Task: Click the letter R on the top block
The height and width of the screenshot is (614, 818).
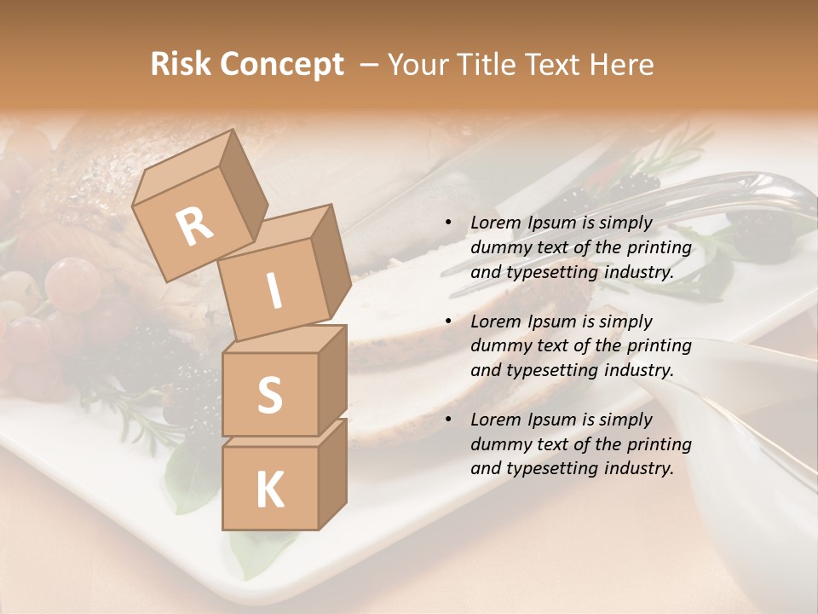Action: (194, 227)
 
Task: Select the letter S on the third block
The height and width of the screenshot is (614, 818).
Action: (269, 396)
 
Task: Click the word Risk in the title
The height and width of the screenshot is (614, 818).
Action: (180, 65)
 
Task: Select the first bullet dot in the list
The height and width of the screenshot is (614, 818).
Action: (448, 223)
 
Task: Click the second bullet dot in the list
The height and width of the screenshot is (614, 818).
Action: (448, 322)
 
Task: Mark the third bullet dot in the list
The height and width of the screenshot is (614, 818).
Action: (448, 420)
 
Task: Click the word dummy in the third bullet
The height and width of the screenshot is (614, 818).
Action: (498, 444)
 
